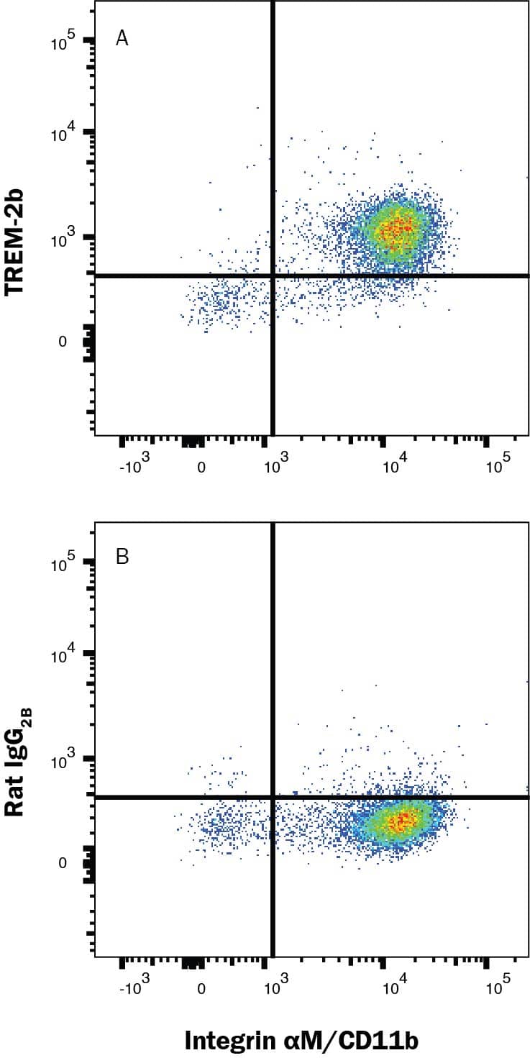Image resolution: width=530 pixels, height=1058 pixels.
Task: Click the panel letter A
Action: pyautogui.click(x=122, y=39)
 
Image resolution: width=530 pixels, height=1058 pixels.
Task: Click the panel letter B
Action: pyautogui.click(x=122, y=557)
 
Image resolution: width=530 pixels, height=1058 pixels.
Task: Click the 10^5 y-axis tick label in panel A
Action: pyautogui.click(x=63, y=43)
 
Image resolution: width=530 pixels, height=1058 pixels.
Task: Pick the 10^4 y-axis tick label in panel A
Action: pyautogui.click(x=63, y=134)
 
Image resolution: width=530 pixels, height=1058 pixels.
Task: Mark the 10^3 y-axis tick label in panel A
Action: pyautogui.click(x=63, y=240)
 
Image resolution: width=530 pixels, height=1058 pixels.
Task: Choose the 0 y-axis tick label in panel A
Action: pyautogui.click(x=63, y=342)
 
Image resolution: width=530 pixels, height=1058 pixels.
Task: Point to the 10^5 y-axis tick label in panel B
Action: pyautogui.click(x=63, y=565)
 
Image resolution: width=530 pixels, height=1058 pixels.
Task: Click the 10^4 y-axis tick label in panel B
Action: pyautogui.click(x=63, y=656)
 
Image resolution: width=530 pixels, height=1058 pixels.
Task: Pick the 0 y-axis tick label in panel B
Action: pyautogui.click(x=63, y=863)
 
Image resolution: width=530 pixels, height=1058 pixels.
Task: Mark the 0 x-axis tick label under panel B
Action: pyautogui.click(x=201, y=989)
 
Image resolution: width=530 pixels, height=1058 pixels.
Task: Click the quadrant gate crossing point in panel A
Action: pyautogui.click(x=273, y=275)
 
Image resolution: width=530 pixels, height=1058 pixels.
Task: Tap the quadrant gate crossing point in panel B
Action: pyautogui.click(x=273, y=797)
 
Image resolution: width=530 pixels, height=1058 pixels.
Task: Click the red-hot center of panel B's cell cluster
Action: pyautogui.click(x=403, y=820)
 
